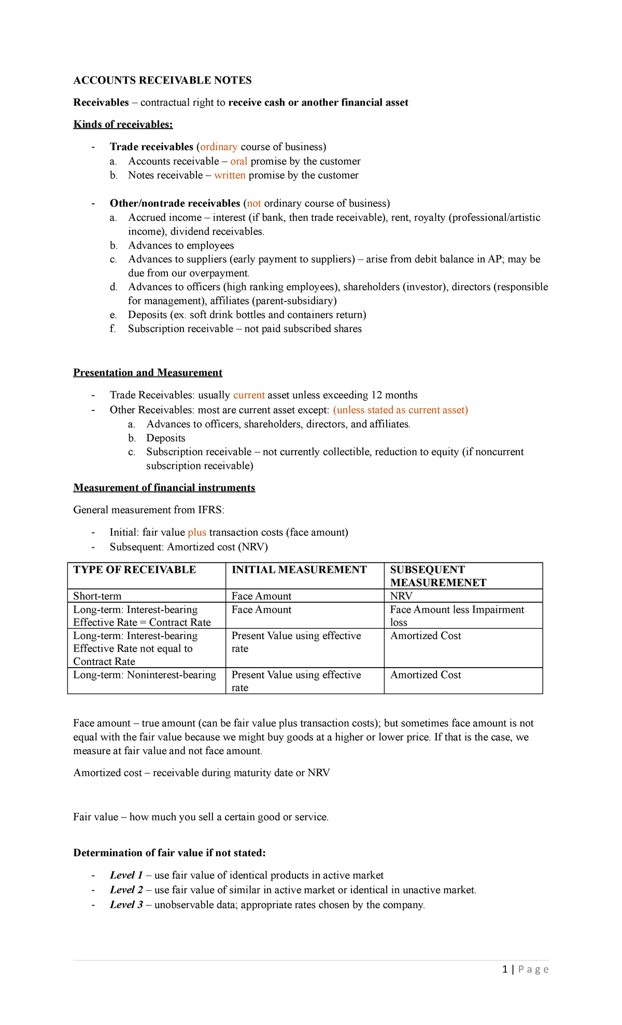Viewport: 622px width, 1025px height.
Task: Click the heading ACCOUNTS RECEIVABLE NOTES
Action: click(x=162, y=80)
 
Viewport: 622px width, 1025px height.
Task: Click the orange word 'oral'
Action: click(x=238, y=161)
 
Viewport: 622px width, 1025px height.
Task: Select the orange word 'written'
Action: click(x=230, y=175)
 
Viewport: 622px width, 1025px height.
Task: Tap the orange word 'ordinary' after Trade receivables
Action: click(x=219, y=147)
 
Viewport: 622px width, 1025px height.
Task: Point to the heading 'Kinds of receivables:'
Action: click(x=123, y=124)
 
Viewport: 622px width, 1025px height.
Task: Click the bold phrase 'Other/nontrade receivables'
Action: click(x=175, y=203)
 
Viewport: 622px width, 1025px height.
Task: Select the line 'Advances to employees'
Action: click(x=181, y=245)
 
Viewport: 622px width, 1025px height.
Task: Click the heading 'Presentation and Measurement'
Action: click(x=148, y=372)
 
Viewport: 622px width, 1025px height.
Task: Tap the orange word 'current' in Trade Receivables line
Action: click(x=249, y=395)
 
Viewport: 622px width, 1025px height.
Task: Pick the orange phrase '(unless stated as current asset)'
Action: click(x=400, y=410)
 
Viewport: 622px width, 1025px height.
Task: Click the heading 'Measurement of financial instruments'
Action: click(x=164, y=488)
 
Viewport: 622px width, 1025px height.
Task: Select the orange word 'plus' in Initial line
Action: click(x=197, y=533)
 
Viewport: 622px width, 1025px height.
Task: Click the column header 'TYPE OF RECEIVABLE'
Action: click(x=134, y=570)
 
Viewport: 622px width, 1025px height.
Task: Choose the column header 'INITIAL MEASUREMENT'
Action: click(x=299, y=570)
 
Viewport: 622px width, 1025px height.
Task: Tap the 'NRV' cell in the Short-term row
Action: click(x=401, y=596)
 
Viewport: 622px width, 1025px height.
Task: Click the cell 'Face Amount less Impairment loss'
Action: click(x=457, y=615)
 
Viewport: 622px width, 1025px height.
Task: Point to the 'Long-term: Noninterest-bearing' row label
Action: click(x=144, y=675)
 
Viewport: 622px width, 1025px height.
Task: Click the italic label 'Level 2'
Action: click(x=126, y=890)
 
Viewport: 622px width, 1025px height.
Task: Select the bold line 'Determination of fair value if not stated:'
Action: click(x=169, y=853)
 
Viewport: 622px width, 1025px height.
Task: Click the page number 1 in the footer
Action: click(x=505, y=969)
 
